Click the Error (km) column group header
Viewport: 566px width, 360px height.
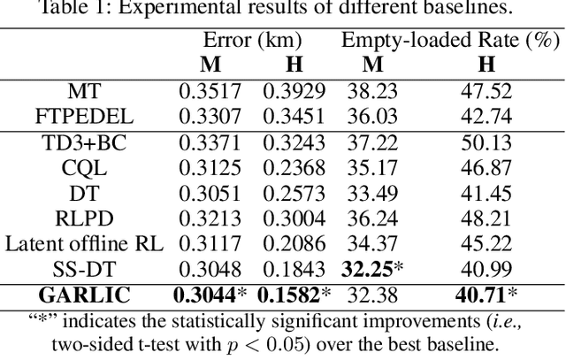252,40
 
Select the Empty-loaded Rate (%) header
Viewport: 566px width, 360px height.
451,40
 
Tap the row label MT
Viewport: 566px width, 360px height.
84,90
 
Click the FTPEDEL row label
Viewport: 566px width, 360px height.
84,116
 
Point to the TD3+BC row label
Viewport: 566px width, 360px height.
84,142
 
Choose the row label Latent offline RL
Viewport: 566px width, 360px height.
84,244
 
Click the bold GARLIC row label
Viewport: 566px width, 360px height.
84,296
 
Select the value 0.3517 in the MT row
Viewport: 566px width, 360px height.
209,90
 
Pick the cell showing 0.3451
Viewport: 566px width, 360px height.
294,116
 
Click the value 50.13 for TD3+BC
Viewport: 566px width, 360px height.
486,142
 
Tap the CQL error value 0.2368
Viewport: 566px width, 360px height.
294,168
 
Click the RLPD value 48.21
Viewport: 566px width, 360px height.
486,218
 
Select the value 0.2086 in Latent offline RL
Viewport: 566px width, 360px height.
294,244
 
